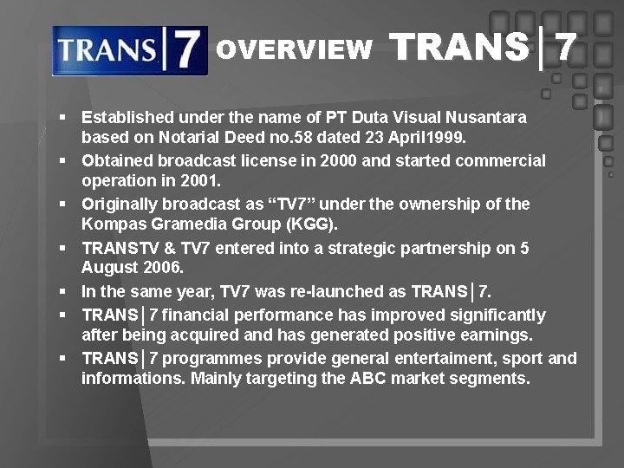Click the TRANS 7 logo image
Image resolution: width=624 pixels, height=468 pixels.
[129, 50]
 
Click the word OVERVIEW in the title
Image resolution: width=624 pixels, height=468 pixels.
[294, 50]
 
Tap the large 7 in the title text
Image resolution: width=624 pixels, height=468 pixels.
[566, 49]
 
